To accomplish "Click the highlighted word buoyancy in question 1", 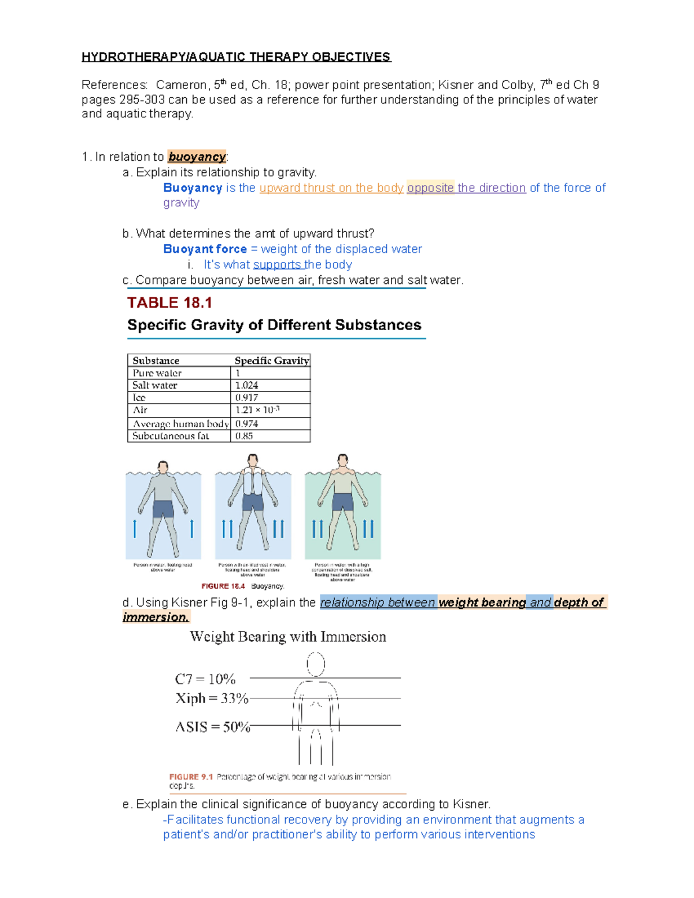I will [x=197, y=157].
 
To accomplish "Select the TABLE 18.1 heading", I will [x=169, y=303].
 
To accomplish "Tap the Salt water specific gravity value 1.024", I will [x=247, y=385].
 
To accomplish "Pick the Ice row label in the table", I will [x=139, y=398].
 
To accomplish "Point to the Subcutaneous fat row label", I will [x=171, y=436].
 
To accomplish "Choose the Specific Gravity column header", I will [x=271, y=360].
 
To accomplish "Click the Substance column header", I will [x=156, y=360].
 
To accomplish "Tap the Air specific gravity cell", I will [x=257, y=410].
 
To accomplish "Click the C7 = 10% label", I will [x=205, y=678].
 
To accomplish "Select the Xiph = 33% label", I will [x=212, y=699].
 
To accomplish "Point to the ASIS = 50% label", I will [x=213, y=727].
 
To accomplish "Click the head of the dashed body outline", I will [x=316, y=664].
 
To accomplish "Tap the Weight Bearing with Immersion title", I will [x=288, y=637].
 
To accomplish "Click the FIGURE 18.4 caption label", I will [x=223, y=586].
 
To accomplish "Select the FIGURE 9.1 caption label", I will [x=191, y=777].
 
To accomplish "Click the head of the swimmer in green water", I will [x=343, y=461].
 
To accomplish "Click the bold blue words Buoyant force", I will [x=205, y=249].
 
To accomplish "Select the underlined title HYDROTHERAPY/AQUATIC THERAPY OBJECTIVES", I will [x=236, y=57].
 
